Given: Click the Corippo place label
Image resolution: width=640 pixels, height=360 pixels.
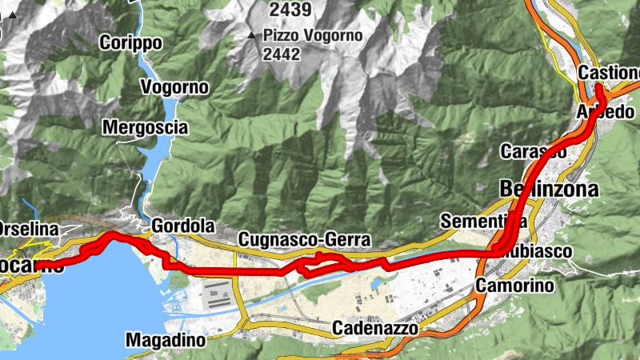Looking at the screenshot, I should [130, 42].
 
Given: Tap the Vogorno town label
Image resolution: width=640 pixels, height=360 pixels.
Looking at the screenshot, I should [174, 86].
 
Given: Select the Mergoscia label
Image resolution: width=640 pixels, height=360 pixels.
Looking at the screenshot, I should [146, 127].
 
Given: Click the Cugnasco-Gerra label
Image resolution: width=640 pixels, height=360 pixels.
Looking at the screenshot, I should [304, 239].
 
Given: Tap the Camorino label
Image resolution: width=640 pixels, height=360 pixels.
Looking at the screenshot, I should [514, 286].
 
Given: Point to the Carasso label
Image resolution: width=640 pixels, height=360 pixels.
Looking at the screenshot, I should [533, 151].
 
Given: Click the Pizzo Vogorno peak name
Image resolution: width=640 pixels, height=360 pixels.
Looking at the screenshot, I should [313, 36].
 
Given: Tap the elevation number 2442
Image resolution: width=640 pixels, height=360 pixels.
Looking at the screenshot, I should [285, 54].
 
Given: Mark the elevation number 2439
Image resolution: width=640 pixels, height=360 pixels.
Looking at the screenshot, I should [285, 11].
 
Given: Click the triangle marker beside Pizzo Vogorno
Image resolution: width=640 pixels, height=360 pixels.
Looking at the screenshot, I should [253, 36].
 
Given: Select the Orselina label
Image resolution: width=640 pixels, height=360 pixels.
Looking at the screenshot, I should [29, 229].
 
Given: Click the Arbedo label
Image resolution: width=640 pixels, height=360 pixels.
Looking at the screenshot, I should [605, 112].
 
